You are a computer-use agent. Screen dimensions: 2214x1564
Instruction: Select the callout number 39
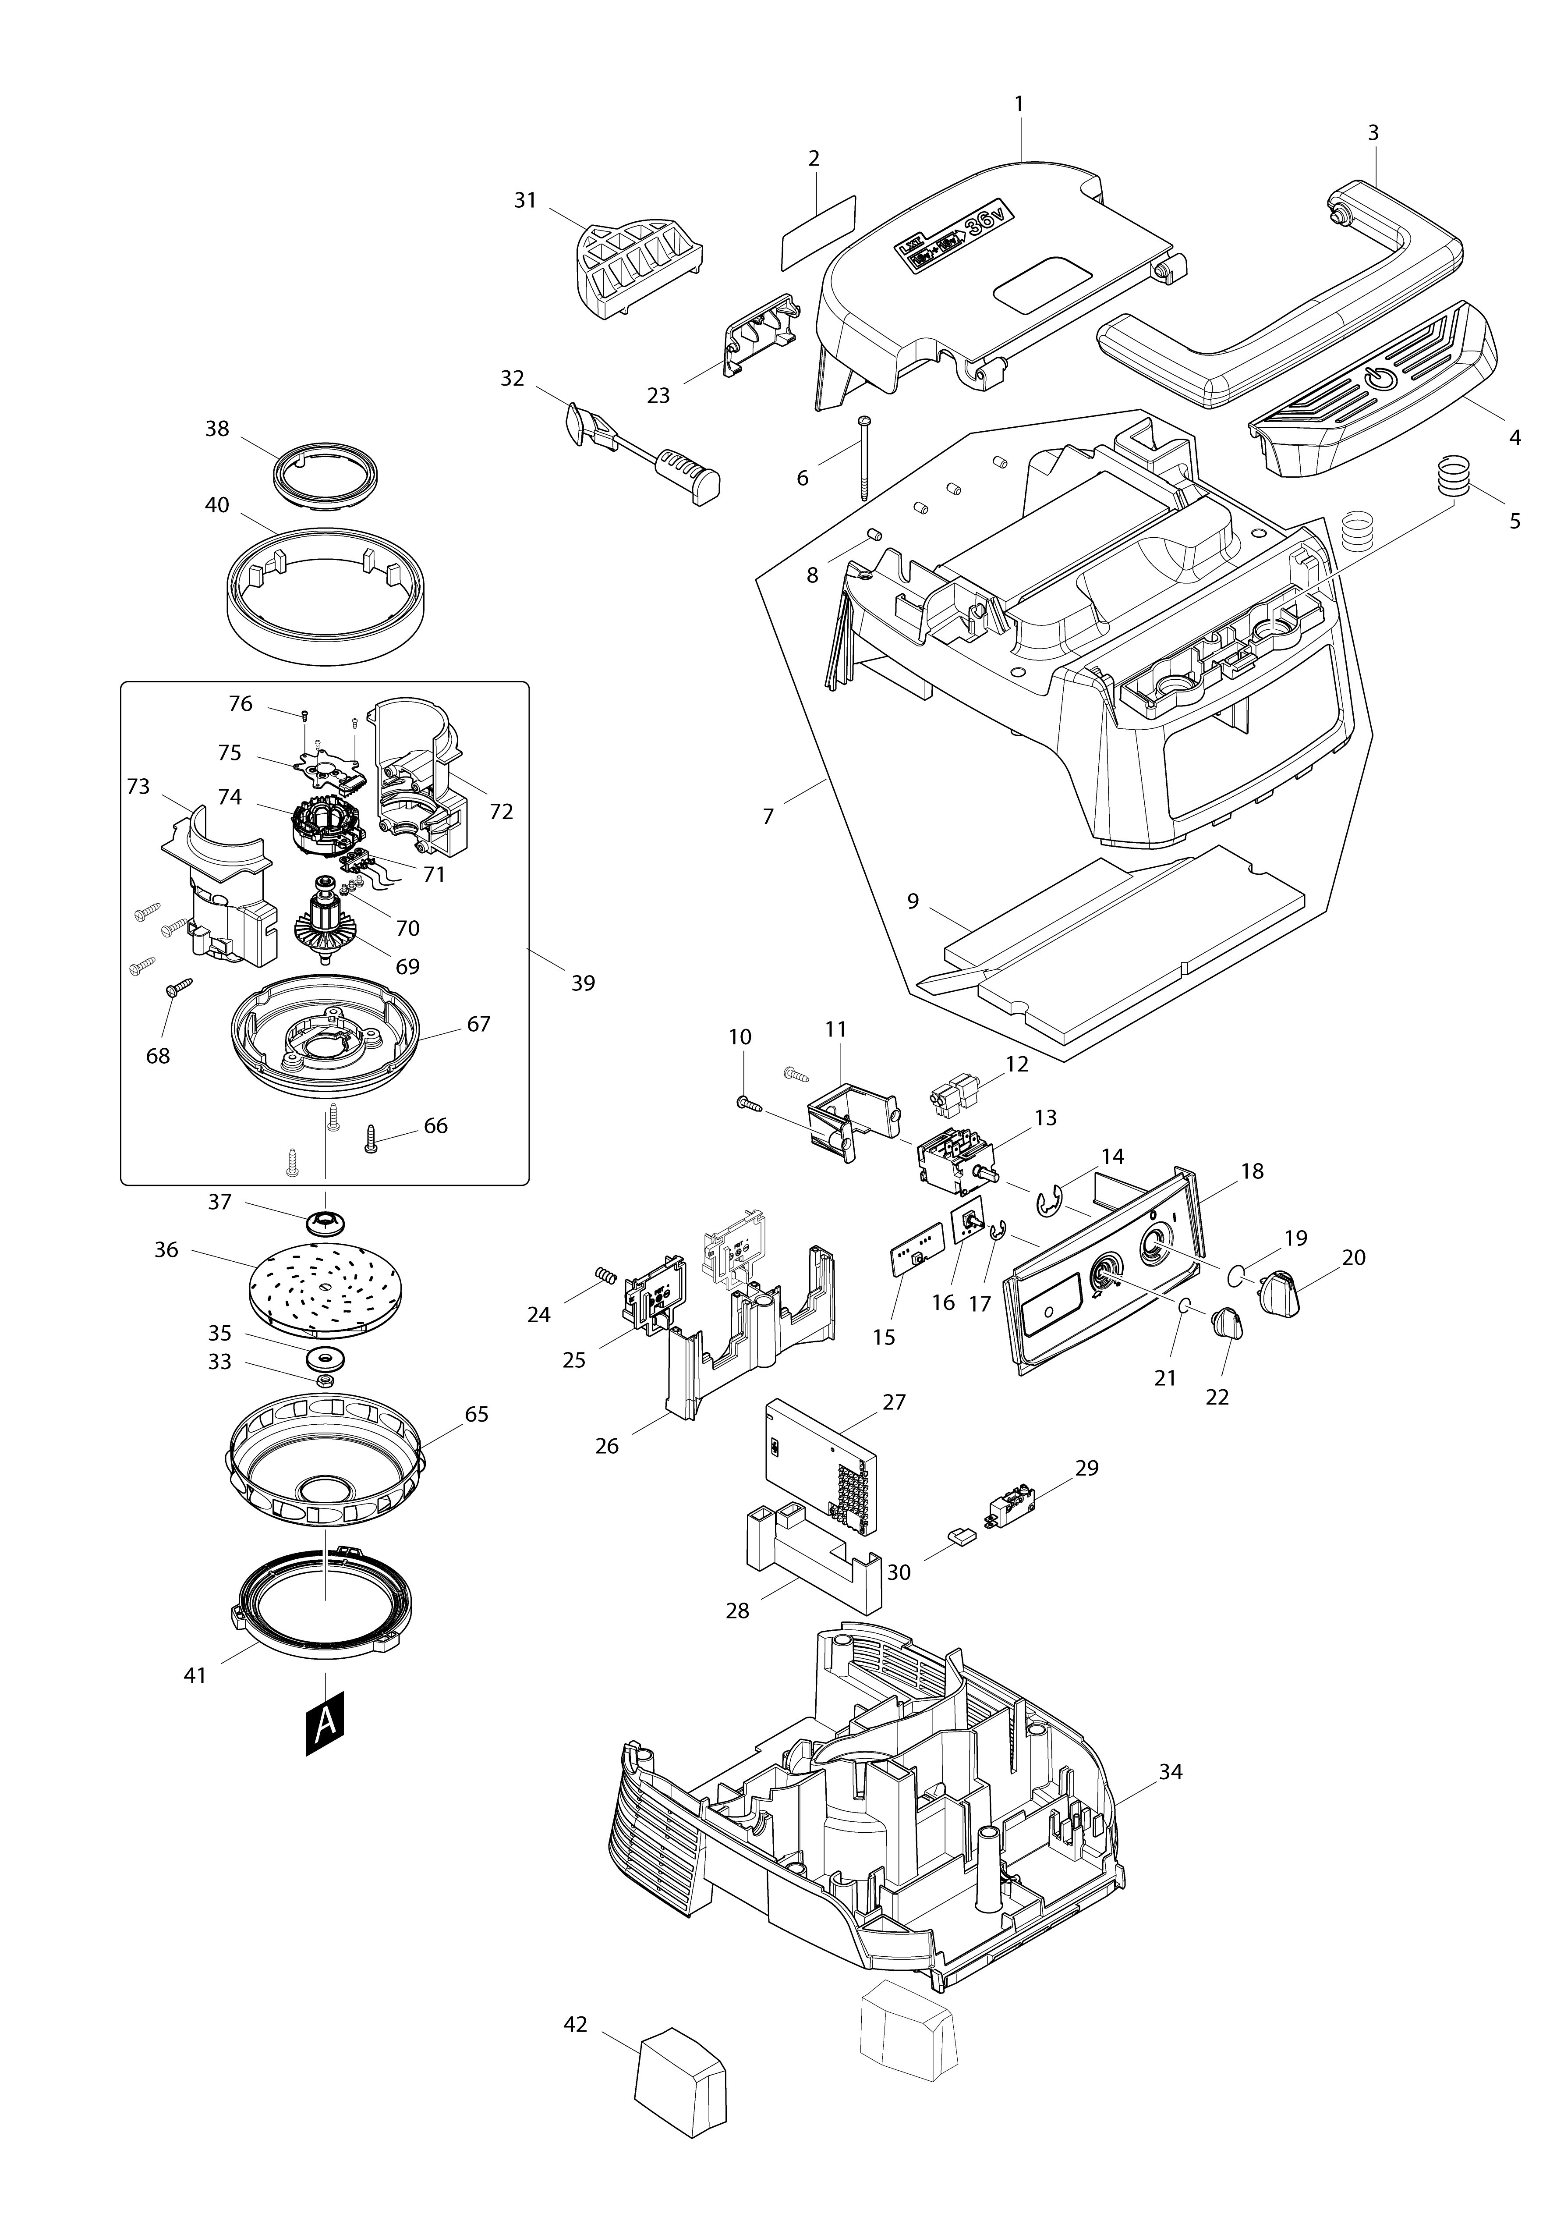(584, 983)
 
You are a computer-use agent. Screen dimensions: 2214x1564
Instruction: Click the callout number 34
(1171, 1772)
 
